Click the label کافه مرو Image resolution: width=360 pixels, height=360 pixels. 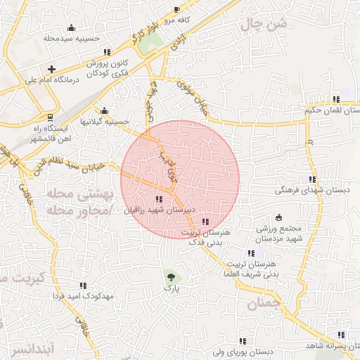click(x=179, y=20)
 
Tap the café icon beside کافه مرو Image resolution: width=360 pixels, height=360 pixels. click(x=177, y=9)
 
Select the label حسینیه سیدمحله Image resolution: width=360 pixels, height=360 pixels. click(x=70, y=39)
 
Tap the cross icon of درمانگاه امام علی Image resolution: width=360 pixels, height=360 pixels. click(x=51, y=69)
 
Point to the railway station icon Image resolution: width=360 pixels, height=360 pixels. click(x=49, y=117)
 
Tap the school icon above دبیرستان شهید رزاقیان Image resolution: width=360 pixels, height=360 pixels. click(x=167, y=199)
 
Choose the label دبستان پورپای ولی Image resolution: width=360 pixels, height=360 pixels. click(x=243, y=351)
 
